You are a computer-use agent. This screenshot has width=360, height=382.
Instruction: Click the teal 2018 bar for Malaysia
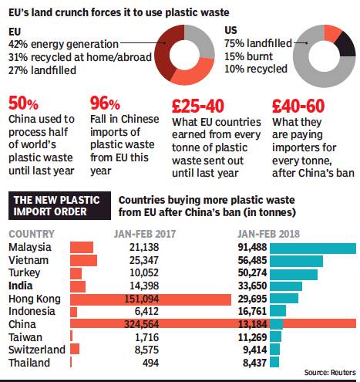tap(313, 248)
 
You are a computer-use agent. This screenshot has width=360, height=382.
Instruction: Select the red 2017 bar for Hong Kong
tap(150, 299)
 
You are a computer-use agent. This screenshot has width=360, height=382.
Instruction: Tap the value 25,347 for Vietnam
tap(144, 260)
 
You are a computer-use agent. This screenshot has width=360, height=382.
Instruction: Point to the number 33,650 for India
tap(252, 286)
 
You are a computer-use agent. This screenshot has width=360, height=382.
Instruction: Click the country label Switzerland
tap(37, 350)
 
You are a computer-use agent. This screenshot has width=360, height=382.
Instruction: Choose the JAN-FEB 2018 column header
tap(268, 234)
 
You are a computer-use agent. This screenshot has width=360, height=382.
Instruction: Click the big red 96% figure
tap(105, 103)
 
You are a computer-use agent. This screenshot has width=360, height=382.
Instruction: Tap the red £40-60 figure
tap(298, 106)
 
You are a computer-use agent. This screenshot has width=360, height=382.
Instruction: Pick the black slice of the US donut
tap(346, 45)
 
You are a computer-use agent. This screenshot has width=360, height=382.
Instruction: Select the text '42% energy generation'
tap(63, 44)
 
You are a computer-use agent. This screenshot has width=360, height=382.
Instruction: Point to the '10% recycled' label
tap(256, 69)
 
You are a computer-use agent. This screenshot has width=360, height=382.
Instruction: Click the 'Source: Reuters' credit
tap(330, 372)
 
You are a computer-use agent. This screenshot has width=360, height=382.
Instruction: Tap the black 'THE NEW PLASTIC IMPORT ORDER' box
tap(59, 205)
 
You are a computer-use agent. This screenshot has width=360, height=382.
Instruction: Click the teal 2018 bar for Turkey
tap(294, 274)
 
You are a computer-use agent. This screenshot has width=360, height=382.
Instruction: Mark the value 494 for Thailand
tap(150, 363)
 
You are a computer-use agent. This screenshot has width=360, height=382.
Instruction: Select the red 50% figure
tap(23, 103)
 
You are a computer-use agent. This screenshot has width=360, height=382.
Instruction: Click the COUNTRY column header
tap(32, 234)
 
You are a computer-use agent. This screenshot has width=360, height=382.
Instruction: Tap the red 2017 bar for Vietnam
tap(83, 260)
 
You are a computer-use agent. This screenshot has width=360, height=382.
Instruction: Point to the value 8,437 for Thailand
tap(254, 363)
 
